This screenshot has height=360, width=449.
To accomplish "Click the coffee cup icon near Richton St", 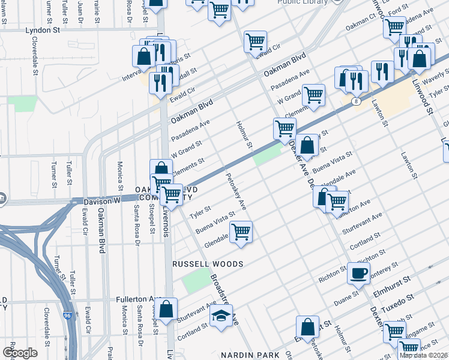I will pyautogui.click(x=359, y=273).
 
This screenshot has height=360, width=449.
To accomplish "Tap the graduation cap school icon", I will pyautogui.click(x=221, y=316).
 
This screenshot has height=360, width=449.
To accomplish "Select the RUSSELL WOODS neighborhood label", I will pyautogui.click(x=208, y=264).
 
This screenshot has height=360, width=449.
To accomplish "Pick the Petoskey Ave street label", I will pyautogui.click(x=235, y=192).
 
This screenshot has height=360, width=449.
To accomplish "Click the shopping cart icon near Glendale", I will pyautogui.click(x=241, y=232).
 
